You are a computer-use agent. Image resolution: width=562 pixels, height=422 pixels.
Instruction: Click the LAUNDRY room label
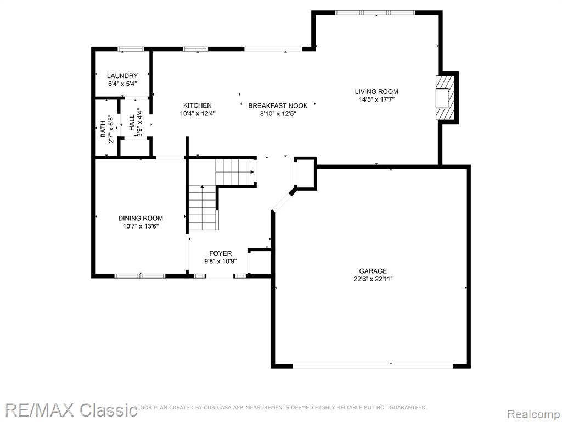(122, 76)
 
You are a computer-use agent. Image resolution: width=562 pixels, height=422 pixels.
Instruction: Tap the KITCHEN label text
(198, 105)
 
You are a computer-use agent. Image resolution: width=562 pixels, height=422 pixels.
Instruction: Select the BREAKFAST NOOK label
(278, 106)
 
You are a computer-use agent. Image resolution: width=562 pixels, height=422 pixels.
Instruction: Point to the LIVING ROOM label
(376, 92)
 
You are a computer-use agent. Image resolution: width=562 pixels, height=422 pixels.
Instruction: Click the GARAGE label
(373, 271)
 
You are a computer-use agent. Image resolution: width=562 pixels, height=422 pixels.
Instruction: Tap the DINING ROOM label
(140, 218)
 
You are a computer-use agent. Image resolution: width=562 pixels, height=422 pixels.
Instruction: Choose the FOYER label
(221, 253)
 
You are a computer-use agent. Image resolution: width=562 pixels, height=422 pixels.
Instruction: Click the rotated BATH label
(103, 129)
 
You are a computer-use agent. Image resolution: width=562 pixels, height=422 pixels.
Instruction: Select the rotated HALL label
(132, 123)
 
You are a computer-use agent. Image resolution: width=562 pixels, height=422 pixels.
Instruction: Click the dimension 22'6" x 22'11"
(373, 279)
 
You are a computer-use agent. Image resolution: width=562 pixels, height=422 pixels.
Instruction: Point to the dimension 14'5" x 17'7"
(376, 100)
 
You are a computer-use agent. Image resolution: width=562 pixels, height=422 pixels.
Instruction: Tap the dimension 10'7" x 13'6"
(140, 226)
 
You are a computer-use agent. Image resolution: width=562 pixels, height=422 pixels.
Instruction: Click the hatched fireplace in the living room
(445, 97)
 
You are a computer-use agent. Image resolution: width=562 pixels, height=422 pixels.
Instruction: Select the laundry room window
(131, 49)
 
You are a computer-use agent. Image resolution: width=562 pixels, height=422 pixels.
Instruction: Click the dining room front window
(140, 276)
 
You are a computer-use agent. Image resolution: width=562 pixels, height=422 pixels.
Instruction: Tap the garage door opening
(373, 366)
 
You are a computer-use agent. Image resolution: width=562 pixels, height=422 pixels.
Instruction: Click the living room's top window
(375, 13)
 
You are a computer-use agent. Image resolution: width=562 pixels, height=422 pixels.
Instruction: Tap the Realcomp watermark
(534, 414)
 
